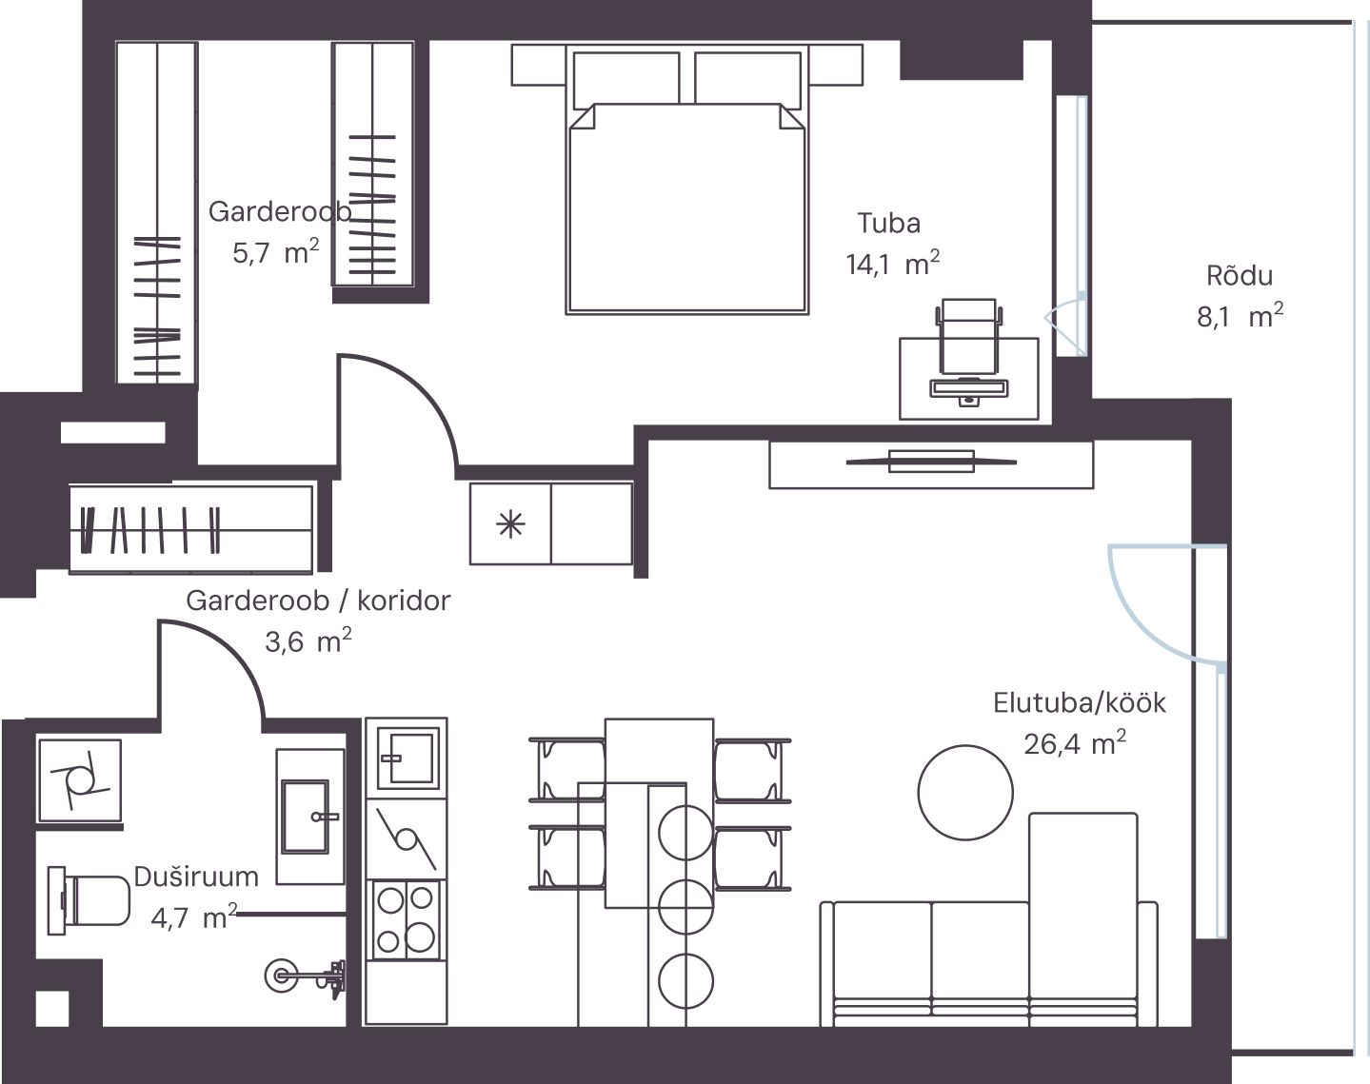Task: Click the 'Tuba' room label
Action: [888, 224]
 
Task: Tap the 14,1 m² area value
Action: [892, 263]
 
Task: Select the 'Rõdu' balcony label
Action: [1240, 276]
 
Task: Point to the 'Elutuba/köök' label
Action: [1080, 702]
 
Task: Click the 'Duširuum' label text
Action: [196, 877]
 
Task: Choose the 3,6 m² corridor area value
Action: [308, 641]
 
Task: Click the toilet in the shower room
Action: [89, 900]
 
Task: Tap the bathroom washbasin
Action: [310, 817]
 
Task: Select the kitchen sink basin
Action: [408, 759]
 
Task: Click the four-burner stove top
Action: [406, 919]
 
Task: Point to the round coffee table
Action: [965, 793]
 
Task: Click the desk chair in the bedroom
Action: [969, 336]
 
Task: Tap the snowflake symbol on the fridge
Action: [510, 525]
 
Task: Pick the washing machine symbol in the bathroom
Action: [80, 780]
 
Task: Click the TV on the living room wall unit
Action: [931, 462]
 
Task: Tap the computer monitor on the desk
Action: [969, 387]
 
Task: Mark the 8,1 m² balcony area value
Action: [1240, 316]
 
